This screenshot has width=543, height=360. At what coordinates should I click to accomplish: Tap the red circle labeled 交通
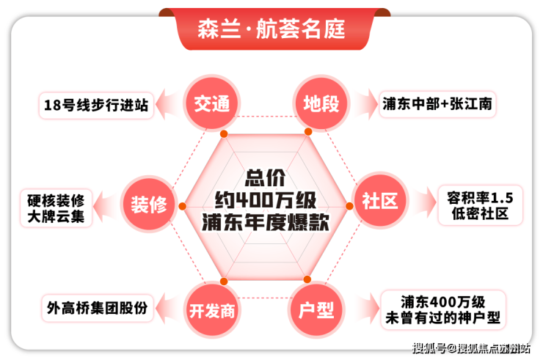[x=211, y=103]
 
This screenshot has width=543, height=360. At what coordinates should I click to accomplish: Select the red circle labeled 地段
[x=321, y=103]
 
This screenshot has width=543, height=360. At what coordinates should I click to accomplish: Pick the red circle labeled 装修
[x=149, y=204]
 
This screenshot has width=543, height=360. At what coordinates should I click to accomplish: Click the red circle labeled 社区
[x=380, y=200]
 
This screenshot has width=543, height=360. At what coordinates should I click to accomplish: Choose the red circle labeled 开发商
[x=211, y=310]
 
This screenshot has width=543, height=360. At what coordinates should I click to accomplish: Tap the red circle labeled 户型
[x=316, y=309]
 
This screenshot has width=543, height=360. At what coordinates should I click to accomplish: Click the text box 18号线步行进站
[x=96, y=106]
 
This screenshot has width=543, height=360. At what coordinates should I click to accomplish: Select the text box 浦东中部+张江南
[x=437, y=104]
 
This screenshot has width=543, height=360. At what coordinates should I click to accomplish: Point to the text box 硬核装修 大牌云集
[x=56, y=208]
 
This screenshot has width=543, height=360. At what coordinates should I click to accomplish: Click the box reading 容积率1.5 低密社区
[x=480, y=205]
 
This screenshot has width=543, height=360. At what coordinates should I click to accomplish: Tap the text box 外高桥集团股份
[x=97, y=308]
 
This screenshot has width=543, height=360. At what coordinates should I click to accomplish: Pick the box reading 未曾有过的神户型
[x=443, y=309]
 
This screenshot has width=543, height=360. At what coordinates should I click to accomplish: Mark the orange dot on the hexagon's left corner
[x=183, y=206]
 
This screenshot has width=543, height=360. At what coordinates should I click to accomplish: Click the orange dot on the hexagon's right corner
[x=349, y=206]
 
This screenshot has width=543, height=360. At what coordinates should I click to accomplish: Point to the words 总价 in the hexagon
[x=266, y=178]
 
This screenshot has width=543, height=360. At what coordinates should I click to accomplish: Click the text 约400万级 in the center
[x=266, y=200]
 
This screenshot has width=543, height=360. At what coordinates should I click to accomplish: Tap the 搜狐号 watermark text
[x=429, y=348]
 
